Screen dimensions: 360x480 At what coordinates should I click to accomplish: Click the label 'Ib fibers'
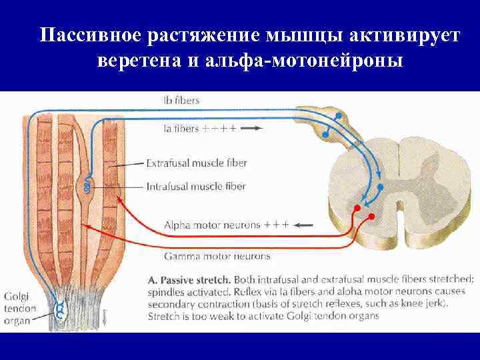181,101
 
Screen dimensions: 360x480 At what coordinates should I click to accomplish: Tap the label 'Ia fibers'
180,129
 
